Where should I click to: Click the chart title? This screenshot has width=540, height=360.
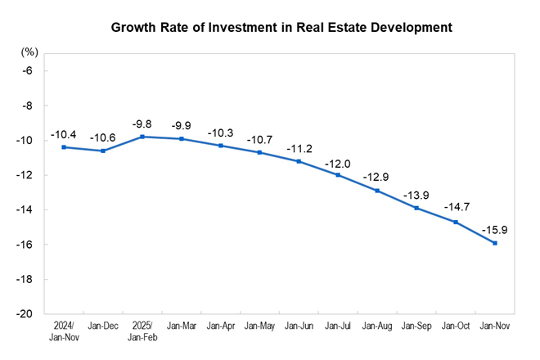tap(270, 27)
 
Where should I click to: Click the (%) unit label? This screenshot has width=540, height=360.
tap(30, 52)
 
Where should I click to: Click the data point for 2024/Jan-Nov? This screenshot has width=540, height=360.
tap(64, 147)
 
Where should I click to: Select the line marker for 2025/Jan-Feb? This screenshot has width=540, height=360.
tap(142, 137)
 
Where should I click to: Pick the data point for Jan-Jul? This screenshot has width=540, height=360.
tap(337, 174)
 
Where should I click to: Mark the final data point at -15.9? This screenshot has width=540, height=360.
tap(494, 242)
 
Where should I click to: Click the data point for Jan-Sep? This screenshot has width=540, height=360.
tap(416, 208)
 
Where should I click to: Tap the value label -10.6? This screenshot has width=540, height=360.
tap(103, 137)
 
